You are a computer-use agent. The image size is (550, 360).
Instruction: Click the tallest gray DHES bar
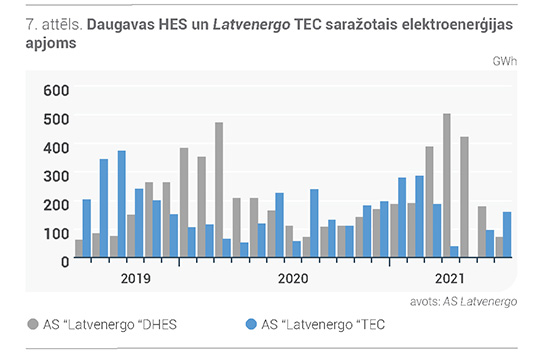tap(447, 185)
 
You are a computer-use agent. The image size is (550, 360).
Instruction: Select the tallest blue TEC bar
tap(122, 204)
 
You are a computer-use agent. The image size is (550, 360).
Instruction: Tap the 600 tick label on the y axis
tap(56, 91)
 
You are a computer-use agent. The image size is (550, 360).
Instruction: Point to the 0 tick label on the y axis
tap(65, 262)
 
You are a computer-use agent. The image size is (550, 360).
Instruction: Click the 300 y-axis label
tap(56, 176)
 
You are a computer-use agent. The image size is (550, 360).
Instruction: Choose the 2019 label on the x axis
tap(136, 279)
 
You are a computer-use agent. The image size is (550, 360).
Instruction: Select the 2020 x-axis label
tap(293, 279)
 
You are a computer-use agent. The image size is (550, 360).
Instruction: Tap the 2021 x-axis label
tap(450, 279)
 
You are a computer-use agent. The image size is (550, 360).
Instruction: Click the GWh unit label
tap(504, 61)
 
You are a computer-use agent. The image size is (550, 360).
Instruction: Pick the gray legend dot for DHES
tap(33, 324)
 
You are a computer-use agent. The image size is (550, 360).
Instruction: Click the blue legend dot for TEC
tap(251, 324)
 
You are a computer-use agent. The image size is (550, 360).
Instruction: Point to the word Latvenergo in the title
tap(251, 25)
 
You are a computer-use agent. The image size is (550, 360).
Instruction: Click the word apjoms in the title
tap(51, 44)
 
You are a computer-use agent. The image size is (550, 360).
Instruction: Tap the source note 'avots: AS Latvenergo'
tap(463, 302)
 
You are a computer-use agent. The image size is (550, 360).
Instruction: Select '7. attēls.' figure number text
tap(54, 25)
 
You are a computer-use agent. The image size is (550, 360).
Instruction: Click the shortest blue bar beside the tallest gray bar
tap(454, 252)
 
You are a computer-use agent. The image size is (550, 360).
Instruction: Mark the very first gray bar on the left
tap(79, 248)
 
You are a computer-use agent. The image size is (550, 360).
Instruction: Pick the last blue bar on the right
tap(507, 234)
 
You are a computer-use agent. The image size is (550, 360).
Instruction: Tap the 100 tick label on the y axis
tap(56, 234)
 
